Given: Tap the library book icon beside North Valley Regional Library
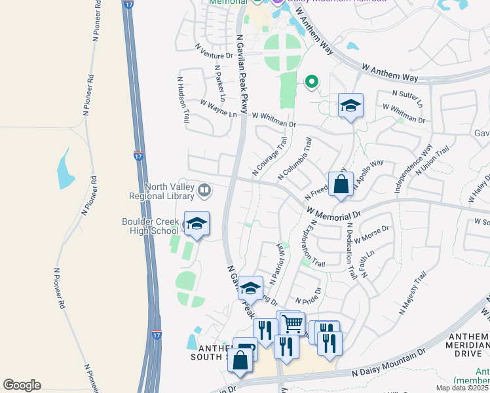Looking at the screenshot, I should tap(205, 191).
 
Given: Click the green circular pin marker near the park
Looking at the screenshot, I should tap(312, 82).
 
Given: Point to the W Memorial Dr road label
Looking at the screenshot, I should tap(334, 213).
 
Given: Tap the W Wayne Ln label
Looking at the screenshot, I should tap(218, 109).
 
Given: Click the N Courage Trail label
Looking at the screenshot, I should tap(269, 156).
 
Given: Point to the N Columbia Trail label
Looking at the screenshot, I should tap(294, 159).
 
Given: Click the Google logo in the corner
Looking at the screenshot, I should tap(22, 385).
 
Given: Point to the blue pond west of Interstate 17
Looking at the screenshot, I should tap(66, 168).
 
